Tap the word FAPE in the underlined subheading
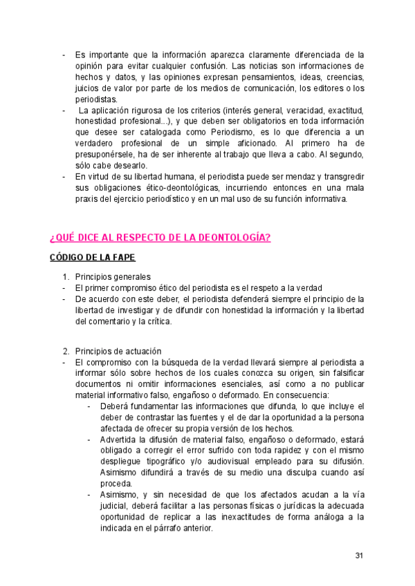coord(121,258)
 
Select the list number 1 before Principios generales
coord(66,277)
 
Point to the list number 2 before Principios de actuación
coord(66,351)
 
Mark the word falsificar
coord(343,373)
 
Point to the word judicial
coord(114,507)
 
